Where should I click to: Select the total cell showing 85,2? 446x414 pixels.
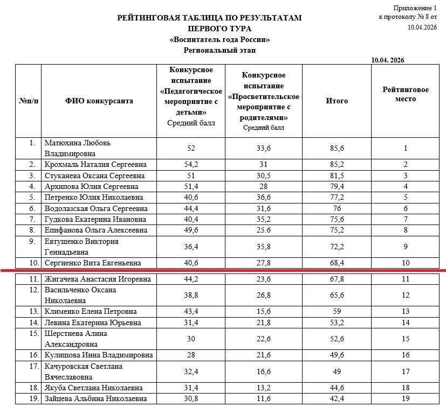pyautogui.click(x=337, y=164)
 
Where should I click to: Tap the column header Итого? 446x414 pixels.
pyautogui.click(x=337, y=101)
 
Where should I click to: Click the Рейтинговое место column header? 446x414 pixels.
pyautogui.click(x=406, y=94)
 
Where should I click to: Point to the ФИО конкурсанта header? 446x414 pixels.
pyautogui.click(x=99, y=101)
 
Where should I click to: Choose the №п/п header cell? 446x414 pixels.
pyautogui.click(x=28, y=101)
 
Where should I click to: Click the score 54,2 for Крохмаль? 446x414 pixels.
pyautogui.click(x=191, y=164)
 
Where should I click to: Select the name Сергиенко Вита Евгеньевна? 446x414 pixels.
pyautogui.click(x=93, y=263)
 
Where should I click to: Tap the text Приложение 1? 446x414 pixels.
pyautogui.click(x=415, y=8)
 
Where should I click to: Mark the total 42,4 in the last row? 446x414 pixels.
pyautogui.click(x=337, y=399)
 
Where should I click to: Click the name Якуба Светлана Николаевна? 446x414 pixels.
pyautogui.click(x=94, y=388)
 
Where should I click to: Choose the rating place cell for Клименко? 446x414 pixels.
pyautogui.click(x=406, y=312)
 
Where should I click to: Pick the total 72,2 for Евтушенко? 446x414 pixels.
pyautogui.click(x=337, y=247)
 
